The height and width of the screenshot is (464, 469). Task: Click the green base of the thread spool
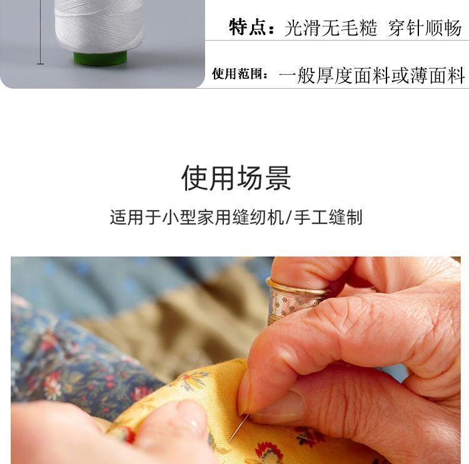[100, 59]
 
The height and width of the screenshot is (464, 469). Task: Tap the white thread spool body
[99, 25]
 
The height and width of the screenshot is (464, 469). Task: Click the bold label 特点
[248, 27]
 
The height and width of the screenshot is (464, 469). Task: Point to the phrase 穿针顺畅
[425, 28]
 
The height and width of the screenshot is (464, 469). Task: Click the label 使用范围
[240, 75]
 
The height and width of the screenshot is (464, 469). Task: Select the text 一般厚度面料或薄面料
[372, 76]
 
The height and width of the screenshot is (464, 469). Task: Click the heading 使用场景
[236, 178]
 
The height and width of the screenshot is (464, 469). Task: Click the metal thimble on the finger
[294, 300]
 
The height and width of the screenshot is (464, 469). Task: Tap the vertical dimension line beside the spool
[41, 31]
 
